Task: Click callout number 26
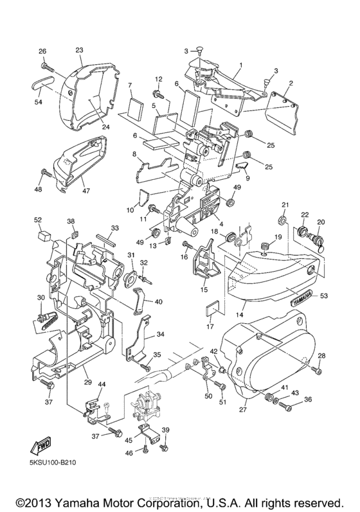tap(42, 51)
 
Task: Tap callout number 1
tap(240, 65)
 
